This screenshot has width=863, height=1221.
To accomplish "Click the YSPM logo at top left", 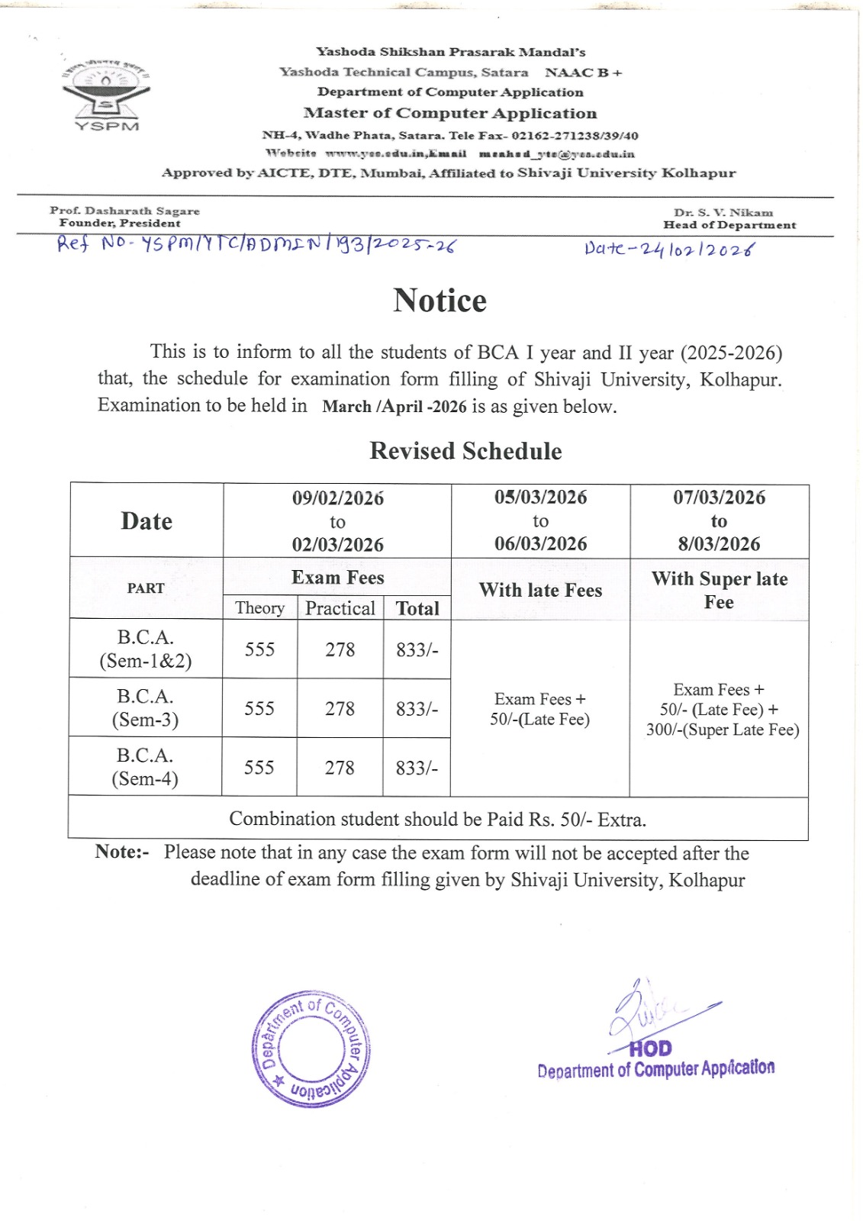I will click(106, 94).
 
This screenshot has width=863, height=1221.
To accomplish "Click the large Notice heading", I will click(440, 301).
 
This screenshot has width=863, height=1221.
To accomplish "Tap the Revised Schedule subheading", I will click(465, 451).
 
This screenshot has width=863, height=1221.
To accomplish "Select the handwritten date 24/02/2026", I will click(669, 249).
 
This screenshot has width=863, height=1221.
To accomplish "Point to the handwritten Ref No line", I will click(256, 244).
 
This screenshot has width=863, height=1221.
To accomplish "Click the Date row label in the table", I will click(147, 521).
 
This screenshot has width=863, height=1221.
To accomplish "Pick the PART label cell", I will click(146, 588).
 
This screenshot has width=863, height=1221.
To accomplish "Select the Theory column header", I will click(259, 608).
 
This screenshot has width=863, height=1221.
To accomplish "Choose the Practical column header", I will click(340, 608).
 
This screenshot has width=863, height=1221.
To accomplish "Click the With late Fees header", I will click(540, 590).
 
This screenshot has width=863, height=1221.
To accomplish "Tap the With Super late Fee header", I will click(719, 590).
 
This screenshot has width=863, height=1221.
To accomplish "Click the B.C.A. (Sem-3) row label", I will click(145, 708).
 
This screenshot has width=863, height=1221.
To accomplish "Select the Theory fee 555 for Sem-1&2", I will click(259, 649).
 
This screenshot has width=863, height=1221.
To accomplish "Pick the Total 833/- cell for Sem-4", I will click(417, 768).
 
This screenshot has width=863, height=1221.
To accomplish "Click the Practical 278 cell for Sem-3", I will click(340, 709).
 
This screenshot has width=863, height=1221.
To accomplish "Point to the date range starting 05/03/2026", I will click(540, 520).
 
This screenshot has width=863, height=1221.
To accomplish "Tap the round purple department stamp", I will click(311, 1049).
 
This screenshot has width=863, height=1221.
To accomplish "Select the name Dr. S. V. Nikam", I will click(723, 213).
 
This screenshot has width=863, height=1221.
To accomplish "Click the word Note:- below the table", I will click(122, 852).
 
